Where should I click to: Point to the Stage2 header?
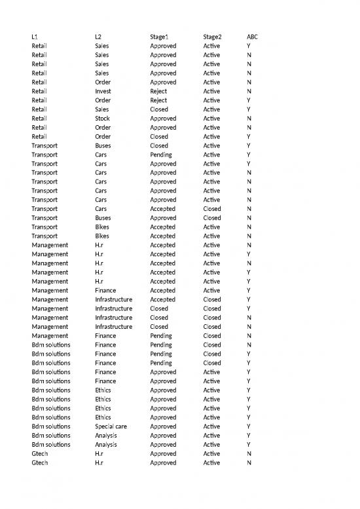point(213,37)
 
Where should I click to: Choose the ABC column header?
point(252,37)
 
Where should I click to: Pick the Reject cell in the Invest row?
point(159,92)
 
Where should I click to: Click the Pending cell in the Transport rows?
point(161,155)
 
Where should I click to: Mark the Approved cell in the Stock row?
point(163,119)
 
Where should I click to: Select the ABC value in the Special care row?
point(248,426)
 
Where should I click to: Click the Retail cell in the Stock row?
point(39,119)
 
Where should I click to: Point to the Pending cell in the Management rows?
point(161,335)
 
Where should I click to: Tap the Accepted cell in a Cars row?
point(163,209)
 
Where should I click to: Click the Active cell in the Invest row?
point(211,92)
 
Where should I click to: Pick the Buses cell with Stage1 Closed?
point(103,145)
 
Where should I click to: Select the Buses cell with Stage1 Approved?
point(103,218)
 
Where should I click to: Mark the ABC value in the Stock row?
point(248,119)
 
